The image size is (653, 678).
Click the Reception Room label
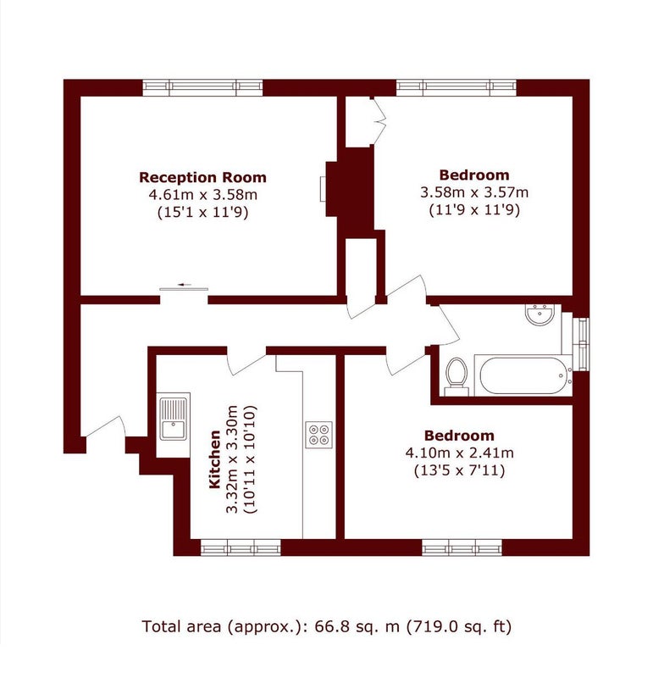(x=202, y=178)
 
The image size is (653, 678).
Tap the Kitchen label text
(x=215, y=459)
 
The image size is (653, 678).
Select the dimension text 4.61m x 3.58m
(x=202, y=195)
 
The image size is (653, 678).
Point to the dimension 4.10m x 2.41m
(x=459, y=453)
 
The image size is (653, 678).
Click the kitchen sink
(x=174, y=419)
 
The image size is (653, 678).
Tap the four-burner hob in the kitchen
(x=319, y=435)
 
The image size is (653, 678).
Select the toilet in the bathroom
(x=457, y=376)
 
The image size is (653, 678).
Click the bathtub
(x=523, y=375)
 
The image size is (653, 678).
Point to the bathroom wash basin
(x=540, y=314)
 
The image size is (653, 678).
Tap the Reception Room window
(x=202, y=88)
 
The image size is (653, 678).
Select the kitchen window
(x=241, y=547)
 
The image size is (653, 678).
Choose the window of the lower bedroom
(x=462, y=547)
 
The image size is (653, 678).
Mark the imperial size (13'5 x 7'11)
(x=459, y=470)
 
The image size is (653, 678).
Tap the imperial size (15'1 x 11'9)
(x=202, y=213)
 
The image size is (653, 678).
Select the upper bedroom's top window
(x=457, y=88)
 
